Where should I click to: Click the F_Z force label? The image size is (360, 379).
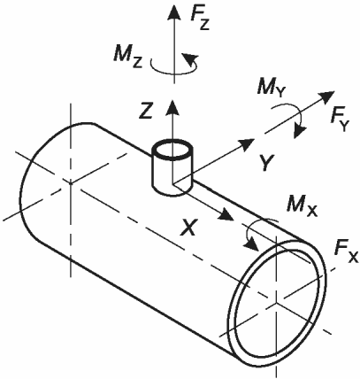point(200,19)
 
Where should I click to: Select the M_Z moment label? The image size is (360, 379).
point(128,56)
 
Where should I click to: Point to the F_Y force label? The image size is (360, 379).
point(340,120)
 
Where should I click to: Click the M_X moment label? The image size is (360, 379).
point(303,205)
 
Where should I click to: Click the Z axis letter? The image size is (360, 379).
point(146,110)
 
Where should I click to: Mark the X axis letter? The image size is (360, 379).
point(188,227)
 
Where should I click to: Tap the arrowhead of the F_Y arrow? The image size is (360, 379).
point(326,97)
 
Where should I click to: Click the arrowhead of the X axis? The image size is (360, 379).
point(226,214)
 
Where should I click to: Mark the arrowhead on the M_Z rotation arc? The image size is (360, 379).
point(189,58)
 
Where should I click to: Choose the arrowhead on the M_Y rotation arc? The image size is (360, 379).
point(299,130)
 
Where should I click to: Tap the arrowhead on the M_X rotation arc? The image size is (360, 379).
point(250,243)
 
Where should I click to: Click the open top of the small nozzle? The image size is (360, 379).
point(172,151)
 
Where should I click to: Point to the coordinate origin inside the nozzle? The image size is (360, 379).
point(173,183)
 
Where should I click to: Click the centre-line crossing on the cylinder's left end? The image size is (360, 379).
point(71,183)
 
